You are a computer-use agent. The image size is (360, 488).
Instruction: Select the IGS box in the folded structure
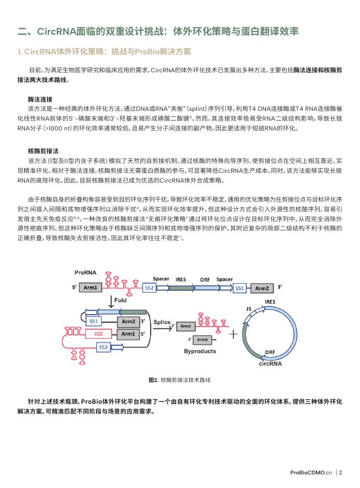coord(98,333)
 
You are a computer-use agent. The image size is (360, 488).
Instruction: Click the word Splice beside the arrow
coord(162,322)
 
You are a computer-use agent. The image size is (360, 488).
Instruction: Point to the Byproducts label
coord(200,352)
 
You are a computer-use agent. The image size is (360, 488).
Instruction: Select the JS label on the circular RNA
coord(248,308)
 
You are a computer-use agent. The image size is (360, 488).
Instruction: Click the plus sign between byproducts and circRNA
coord(234,333)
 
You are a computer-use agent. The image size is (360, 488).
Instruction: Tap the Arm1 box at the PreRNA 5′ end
coord(91,287)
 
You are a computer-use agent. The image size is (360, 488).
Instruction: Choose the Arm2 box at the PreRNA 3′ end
coord(262,287)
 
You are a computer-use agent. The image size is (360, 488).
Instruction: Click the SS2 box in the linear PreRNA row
coord(150,287)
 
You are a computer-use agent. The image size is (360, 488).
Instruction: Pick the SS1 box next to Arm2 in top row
coord(239,287)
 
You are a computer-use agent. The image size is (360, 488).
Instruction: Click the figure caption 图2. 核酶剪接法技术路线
coord(179,379)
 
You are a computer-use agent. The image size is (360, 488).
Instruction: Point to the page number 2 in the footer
coord(340,472)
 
